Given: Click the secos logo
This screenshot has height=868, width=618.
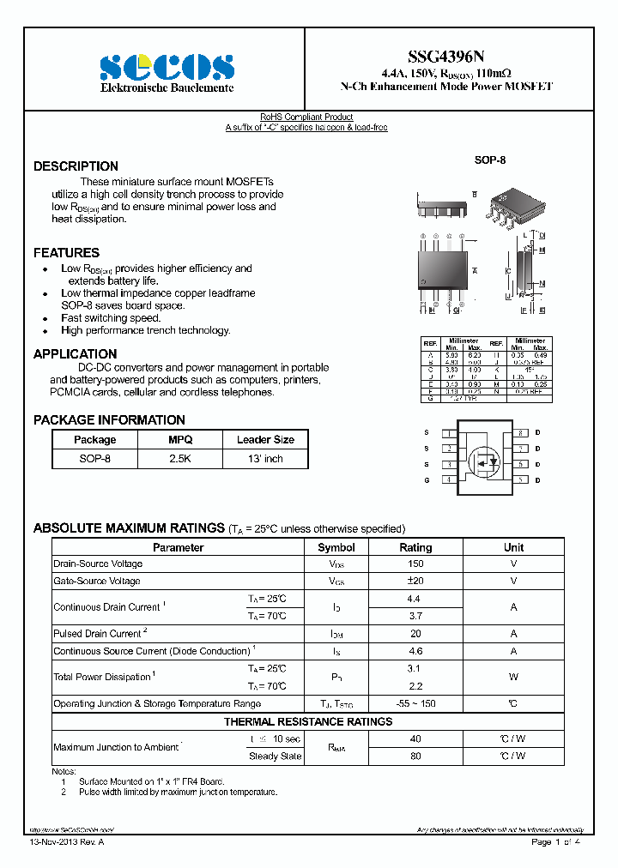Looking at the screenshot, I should pyautogui.click(x=167, y=68).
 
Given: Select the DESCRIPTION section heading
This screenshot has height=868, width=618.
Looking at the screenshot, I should pyautogui.click(x=76, y=166).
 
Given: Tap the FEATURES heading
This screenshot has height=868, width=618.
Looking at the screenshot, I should pyautogui.click(x=66, y=253).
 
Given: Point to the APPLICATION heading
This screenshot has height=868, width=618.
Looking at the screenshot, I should pyautogui.click(x=75, y=354).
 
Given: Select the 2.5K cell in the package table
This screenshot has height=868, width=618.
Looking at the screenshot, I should pyautogui.click(x=180, y=459).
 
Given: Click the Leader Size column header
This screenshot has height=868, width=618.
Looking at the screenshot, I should pyautogui.click(x=265, y=440).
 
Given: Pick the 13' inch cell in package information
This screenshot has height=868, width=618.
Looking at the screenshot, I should pyautogui.click(x=265, y=459).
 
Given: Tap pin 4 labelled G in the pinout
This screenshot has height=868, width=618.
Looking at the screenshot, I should pyautogui.click(x=427, y=481).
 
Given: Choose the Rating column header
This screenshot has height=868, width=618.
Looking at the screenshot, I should pyautogui.click(x=415, y=547).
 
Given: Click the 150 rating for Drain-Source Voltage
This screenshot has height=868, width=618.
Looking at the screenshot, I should pyautogui.click(x=415, y=564).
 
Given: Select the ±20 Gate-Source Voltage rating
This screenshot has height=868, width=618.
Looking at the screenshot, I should pyautogui.click(x=415, y=582).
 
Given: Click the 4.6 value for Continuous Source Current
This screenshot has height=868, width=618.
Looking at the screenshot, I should pyautogui.click(x=415, y=651).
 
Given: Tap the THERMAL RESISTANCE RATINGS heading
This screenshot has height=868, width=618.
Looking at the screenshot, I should pyautogui.click(x=308, y=722).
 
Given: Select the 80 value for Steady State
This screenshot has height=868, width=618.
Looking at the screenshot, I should pyautogui.click(x=415, y=756).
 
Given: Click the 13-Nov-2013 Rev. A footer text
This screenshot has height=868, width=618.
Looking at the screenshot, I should pyautogui.click(x=65, y=843).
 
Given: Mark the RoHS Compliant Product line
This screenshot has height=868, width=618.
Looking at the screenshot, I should pyautogui.click(x=306, y=118).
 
